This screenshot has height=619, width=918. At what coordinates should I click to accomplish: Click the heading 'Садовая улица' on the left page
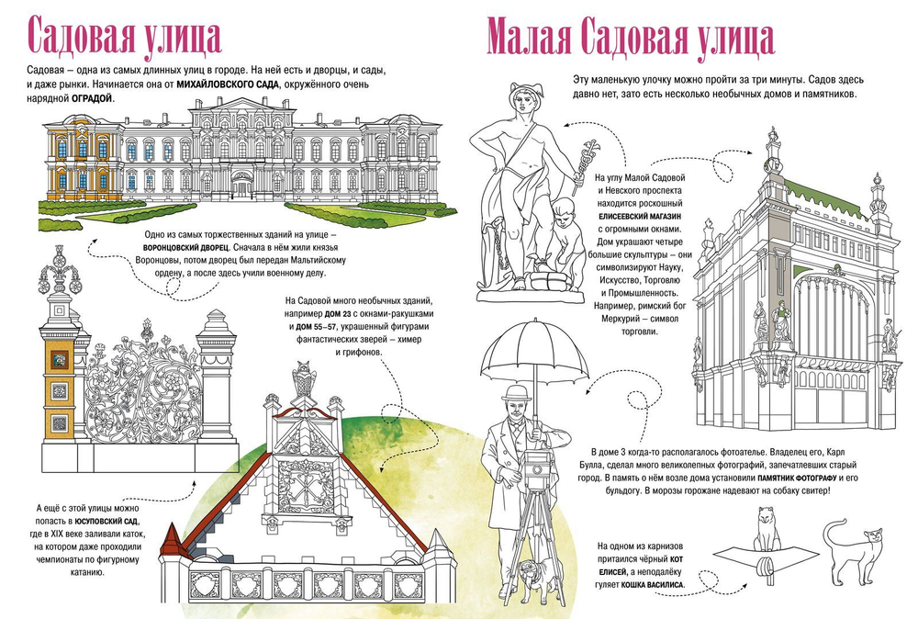click(125, 39)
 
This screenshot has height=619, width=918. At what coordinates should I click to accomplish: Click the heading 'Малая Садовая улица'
click(629, 39)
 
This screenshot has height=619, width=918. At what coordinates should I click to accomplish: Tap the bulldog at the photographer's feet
click(533, 575)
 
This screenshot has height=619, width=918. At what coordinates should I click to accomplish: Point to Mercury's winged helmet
click(524, 90)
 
